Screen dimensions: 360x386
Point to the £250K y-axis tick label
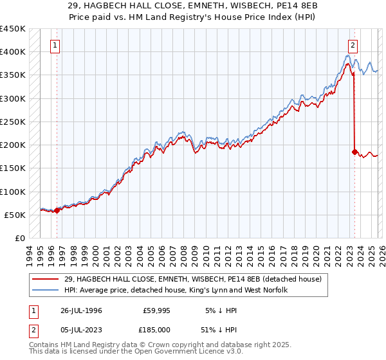coord(13,122)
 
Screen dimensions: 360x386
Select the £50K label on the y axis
coord(15,215)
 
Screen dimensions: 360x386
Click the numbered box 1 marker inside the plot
coord(56,45)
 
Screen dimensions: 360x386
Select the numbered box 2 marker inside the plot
coord(353,45)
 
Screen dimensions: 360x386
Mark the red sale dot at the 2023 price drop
coord(354,152)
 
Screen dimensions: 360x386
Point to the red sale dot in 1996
coord(57,210)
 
